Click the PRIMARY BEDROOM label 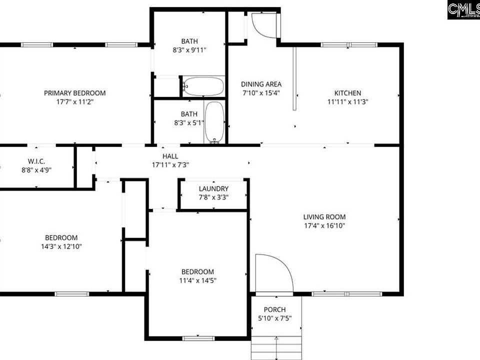click(74, 93)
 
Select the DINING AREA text click(261, 84)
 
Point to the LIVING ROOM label click(324, 217)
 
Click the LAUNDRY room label click(213, 188)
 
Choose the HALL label click(170, 156)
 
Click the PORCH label click(274, 309)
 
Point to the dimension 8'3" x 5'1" click(189, 123)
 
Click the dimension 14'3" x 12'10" click(61, 246)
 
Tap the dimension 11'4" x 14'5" click(197, 280)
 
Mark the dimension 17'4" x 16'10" click(324, 226)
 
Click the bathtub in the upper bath click(203, 86)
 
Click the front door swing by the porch click(272, 273)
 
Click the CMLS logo click(463, 9)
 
